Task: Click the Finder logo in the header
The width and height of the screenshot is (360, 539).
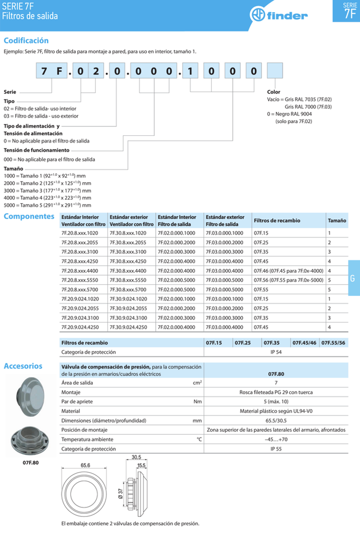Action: pyautogui.click(x=278, y=15)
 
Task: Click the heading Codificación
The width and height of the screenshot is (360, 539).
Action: pyautogui.click(x=26, y=41)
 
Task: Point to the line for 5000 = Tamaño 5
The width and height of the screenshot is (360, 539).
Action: pyautogui.click(x=47, y=205)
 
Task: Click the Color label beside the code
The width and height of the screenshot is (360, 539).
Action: pyautogui.click(x=274, y=92)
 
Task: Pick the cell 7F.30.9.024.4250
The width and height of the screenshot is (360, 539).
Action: pyautogui.click(x=128, y=327)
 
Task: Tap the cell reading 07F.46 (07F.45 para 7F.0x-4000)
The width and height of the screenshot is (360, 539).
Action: pyautogui.click(x=288, y=271)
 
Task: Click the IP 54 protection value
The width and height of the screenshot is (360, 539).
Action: pyautogui.click(x=276, y=352)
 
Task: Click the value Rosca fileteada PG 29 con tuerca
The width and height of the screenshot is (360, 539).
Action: pyautogui.click(x=276, y=392)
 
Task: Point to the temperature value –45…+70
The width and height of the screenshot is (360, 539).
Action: pyautogui.click(x=276, y=440)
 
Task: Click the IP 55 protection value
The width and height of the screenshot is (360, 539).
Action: pyautogui.click(x=276, y=449)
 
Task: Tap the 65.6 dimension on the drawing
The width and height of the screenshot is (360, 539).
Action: pyautogui.click(x=86, y=465)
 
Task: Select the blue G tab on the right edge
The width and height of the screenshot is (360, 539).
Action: pyautogui.click(x=353, y=278)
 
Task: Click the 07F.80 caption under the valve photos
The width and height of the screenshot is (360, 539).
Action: pyautogui.click(x=31, y=462)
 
